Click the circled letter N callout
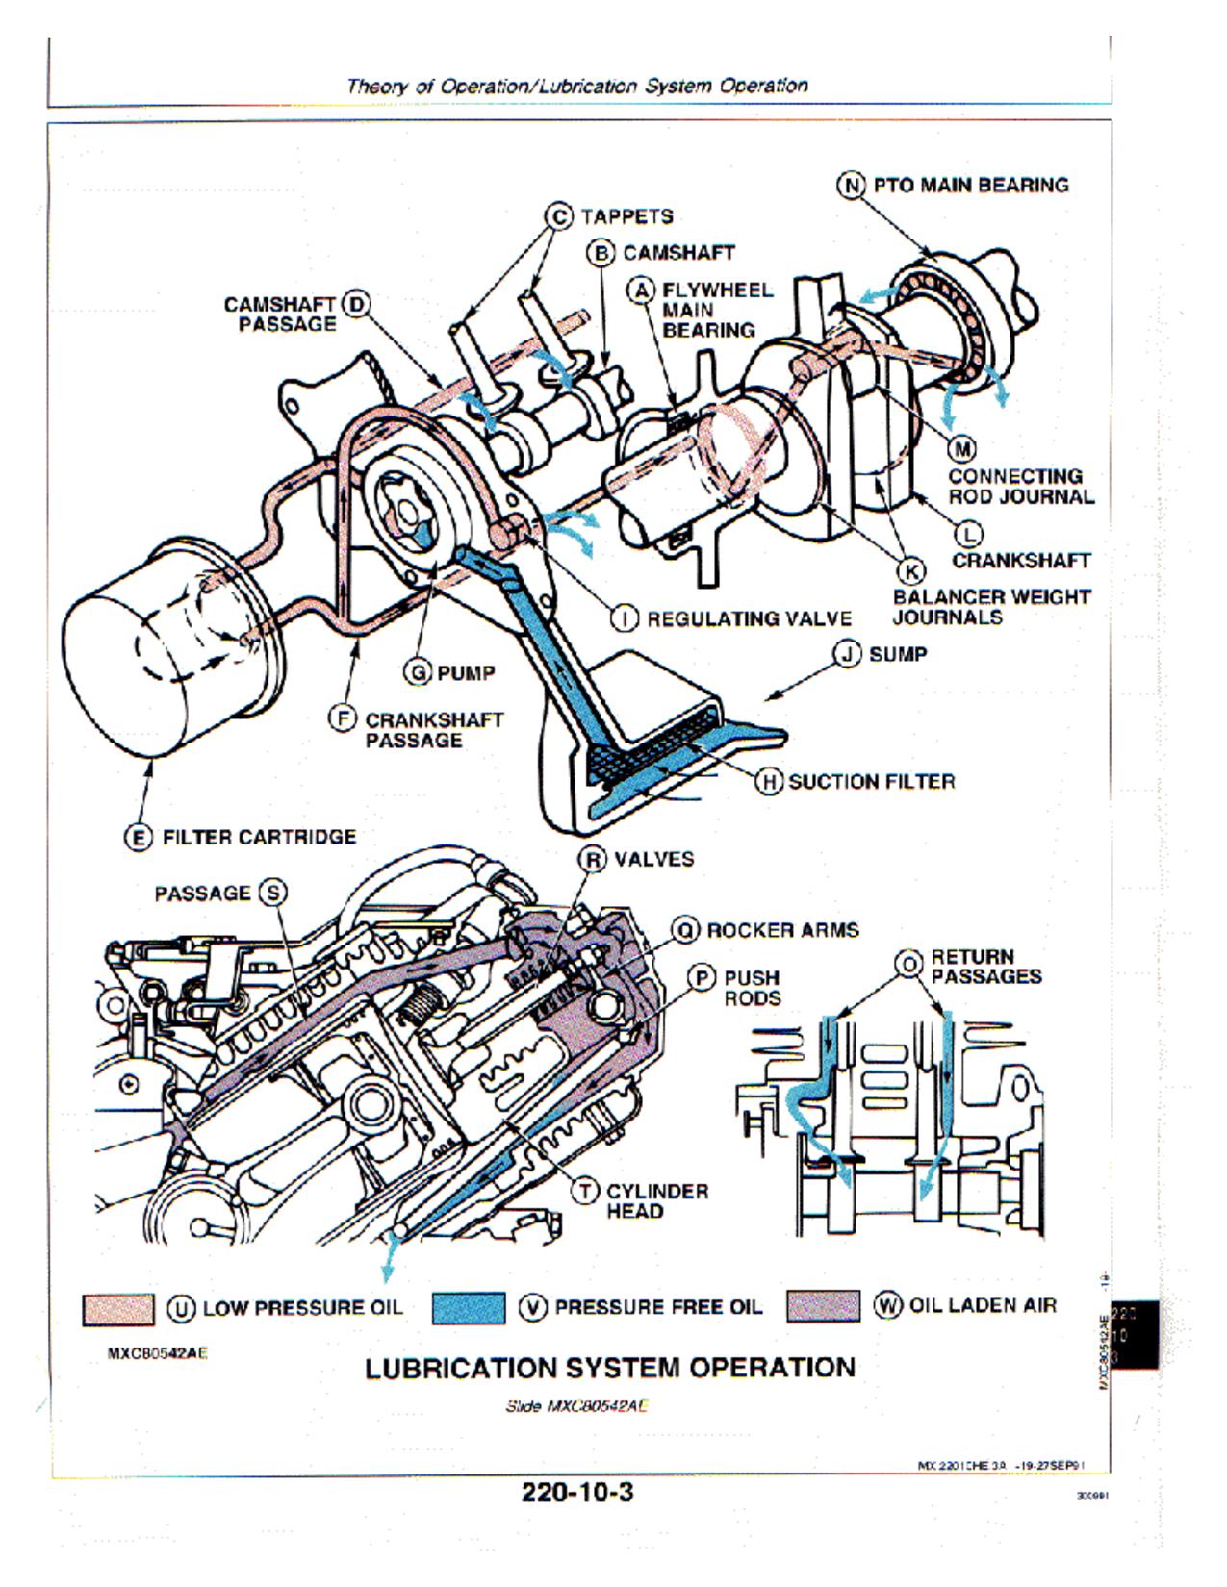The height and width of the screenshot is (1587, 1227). (x=851, y=185)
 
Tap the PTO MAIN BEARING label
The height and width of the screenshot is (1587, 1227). (x=970, y=185)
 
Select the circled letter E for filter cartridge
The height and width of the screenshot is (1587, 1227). (x=139, y=837)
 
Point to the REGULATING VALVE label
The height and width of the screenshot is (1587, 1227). (x=749, y=618)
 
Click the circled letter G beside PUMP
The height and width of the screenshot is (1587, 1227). (x=420, y=672)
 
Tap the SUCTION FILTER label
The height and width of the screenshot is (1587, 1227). (x=871, y=781)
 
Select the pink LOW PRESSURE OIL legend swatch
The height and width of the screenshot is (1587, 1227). (x=117, y=1308)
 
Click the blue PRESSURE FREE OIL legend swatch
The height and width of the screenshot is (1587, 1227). (x=469, y=1308)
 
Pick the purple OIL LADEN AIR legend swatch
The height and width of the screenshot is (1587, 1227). (x=823, y=1306)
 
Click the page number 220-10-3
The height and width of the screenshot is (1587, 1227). (x=577, y=1493)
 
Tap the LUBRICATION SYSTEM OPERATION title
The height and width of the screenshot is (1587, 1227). (x=610, y=1368)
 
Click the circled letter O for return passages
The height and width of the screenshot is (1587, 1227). (x=908, y=963)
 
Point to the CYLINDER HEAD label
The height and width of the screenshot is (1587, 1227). (x=656, y=1200)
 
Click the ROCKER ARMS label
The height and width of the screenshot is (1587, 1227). (x=782, y=930)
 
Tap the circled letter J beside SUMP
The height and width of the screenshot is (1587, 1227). (x=847, y=654)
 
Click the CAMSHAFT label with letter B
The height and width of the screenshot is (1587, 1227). (x=677, y=253)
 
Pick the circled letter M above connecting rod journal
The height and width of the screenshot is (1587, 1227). (x=962, y=449)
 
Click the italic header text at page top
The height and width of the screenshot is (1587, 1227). (x=577, y=86)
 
